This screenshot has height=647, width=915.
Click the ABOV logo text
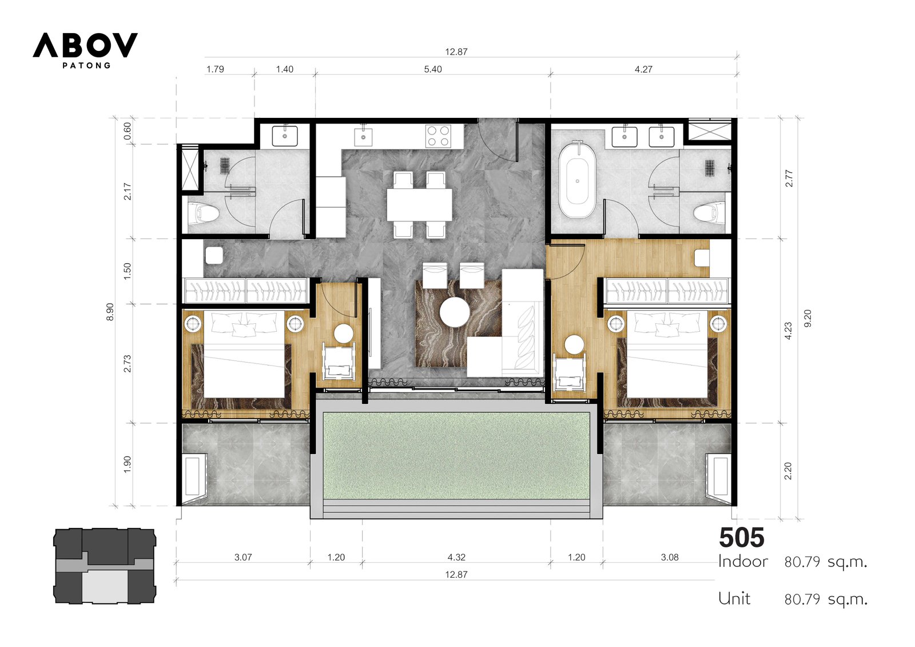click(x=85, y=45)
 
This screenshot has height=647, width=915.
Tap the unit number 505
click(x=741, y=538)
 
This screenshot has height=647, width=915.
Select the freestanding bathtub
click(x=577, y=180)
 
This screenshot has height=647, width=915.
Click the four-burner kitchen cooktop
click(x=438, y=136)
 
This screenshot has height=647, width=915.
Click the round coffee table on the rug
click(x=455, y=312)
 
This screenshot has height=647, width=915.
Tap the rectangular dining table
click(x=420, y=204)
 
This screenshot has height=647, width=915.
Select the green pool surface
click(x=456, y=456)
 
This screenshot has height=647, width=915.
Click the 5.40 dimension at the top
click(x=432, y=69)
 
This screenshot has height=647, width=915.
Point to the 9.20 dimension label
click(x=807, y=319)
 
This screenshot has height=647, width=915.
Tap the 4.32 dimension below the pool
click(x=456, y=557)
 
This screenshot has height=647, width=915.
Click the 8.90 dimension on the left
click(x=110, y=312)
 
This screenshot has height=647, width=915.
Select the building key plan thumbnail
click(x=105, y=566)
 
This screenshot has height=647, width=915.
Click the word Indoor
click(x=743, y=562)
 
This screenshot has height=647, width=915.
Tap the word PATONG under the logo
click(x=86, y=65)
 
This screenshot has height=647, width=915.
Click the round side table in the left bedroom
click(x=343, y=334)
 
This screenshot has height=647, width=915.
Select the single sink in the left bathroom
click(x=285, y=136)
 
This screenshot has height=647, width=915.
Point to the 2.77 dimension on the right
click(x=789, y=178)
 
